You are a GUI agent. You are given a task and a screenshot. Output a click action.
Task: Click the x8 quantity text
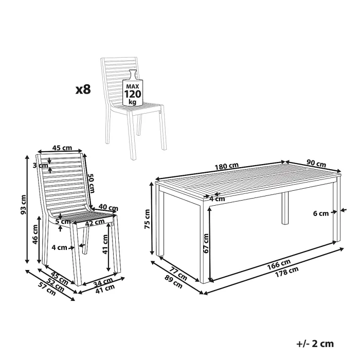click(83, 89)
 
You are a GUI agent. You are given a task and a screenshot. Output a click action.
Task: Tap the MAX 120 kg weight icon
click(133, 88)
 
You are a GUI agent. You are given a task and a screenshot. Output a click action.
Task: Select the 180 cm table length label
click(227, 166)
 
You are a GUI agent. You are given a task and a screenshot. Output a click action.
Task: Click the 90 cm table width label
click(316, 163)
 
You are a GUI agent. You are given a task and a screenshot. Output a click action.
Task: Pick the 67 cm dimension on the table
click(206, 243)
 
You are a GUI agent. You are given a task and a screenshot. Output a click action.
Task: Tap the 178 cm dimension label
click(287, 272)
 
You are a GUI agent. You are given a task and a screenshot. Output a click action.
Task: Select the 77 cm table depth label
click(178, 273)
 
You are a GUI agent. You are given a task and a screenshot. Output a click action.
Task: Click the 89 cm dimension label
click(174, 281)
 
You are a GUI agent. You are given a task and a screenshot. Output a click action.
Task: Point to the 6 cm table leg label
click(321, 213)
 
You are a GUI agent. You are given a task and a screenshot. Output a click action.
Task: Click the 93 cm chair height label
click(24, 205)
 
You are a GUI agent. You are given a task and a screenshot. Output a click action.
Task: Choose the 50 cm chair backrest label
click(92, 183)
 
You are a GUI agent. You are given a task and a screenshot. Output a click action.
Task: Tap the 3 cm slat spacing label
click(41, 165)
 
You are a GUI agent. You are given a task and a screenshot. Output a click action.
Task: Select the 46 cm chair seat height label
click(35, 235)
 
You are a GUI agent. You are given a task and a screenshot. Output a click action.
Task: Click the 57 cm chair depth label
click(47, 289)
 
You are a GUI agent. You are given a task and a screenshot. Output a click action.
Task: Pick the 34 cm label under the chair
click(103, 282)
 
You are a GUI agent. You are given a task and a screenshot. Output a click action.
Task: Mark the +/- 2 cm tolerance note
click(315, 344)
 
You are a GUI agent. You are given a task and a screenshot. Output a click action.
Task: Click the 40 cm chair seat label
click(108, 208)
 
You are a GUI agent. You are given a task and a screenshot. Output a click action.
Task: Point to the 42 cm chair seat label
click(95, 223)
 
